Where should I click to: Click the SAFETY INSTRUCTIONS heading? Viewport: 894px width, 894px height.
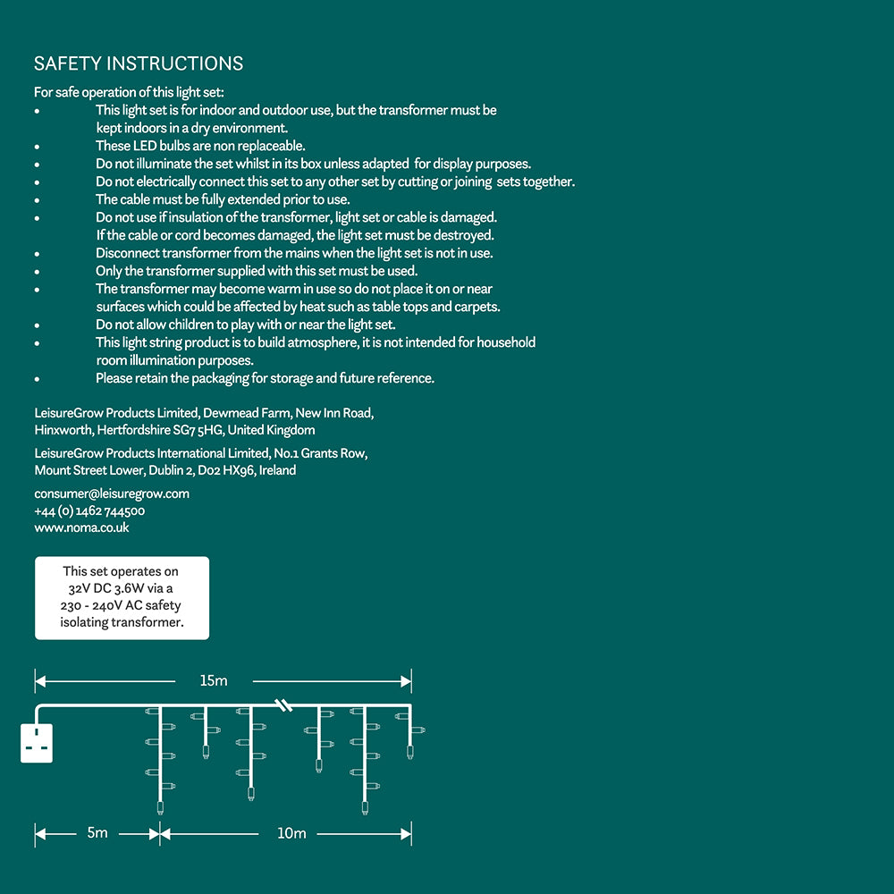pyautogui.click(x=139, y=63)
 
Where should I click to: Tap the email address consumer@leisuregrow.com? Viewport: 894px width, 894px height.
pyautogui.click(x=112, y=493)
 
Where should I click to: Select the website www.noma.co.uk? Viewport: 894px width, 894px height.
pyautogui.click(x=81, y=527)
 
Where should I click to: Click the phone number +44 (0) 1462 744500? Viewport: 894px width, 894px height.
pyautogui.click(x=89, y=511)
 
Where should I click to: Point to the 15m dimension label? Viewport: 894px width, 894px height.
pyautogui.click(x=214, y=681)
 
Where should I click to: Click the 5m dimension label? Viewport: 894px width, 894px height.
pyautogui.click(x=97, y=833)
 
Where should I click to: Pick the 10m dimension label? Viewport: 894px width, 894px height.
pyautogui.click(x=291, y=833)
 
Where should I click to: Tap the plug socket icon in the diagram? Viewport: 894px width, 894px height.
pyautogui.click(x=37, y=743)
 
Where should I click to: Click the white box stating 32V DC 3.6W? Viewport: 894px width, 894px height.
pyautogui.click(x=122, y=597)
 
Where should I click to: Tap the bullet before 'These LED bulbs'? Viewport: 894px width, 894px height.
pyautogui.click(x=37, y=147)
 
